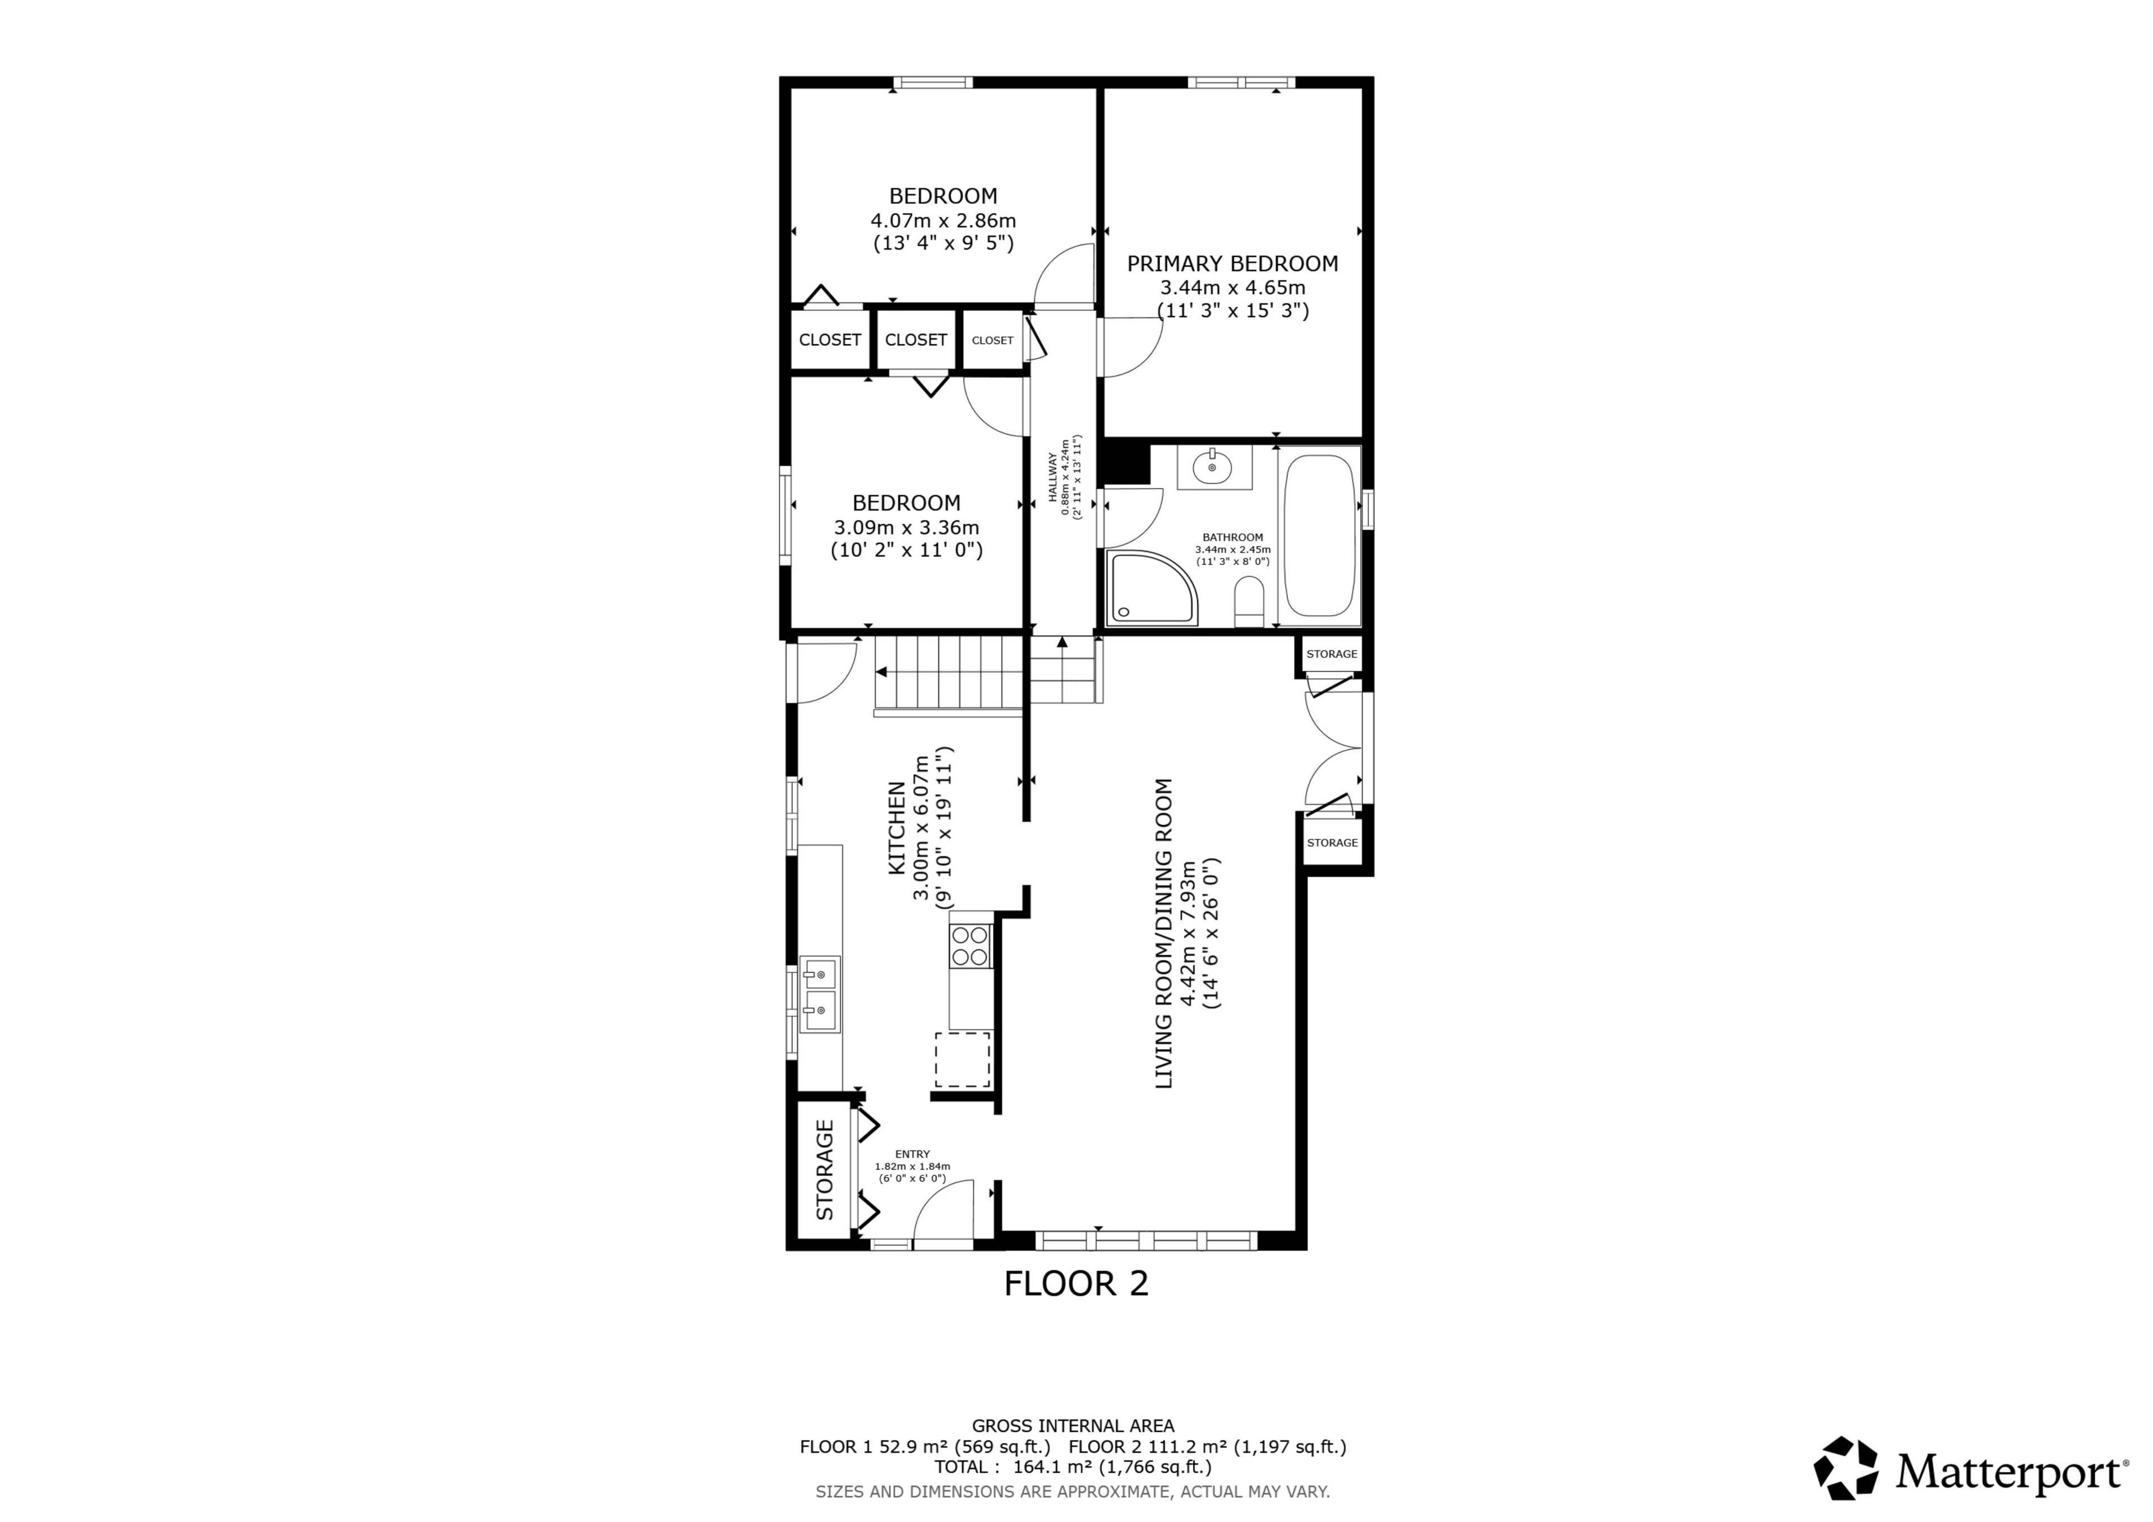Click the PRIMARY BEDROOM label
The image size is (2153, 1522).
tap(1232, 263)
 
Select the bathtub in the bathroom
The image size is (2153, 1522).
tap(1319, 535)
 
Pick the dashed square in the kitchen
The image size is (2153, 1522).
tap(963, 1060)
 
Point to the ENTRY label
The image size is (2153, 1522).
tap(912, 1154)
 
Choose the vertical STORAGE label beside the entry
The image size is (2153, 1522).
tap(825, 1169)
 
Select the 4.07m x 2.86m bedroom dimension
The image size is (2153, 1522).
tap(944, 221)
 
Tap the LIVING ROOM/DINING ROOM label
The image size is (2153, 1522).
tap(1164, 934)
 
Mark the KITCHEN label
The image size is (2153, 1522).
tap(898, 829)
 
